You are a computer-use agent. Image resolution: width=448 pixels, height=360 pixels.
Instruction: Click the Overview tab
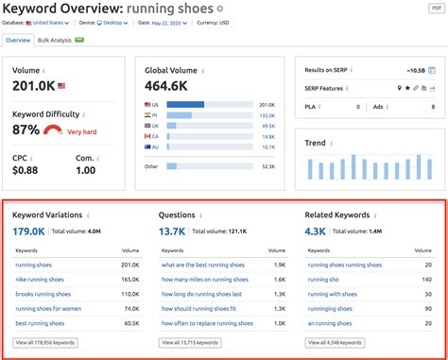tap(18, 41)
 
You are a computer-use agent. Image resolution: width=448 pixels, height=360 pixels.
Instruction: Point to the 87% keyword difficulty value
tap(26, 129)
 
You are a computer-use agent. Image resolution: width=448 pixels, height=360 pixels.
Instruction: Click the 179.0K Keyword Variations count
tap(28, 231)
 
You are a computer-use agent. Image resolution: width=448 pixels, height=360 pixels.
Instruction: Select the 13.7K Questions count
tap(172, 231)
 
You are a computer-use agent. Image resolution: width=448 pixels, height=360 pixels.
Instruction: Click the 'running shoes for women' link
tap(47, 308)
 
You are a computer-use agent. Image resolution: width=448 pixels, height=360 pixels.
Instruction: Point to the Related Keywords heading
tap(336, 214)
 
